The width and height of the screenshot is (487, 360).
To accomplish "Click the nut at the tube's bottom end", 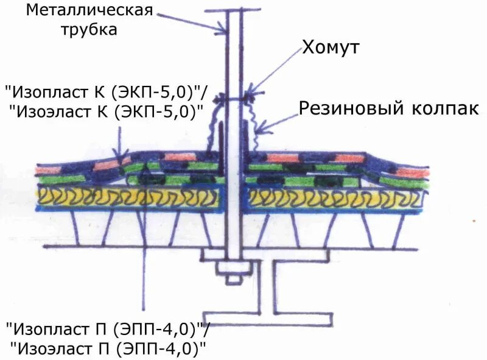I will [233, 279].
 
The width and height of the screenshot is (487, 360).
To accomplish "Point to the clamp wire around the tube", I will [234, 96].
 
